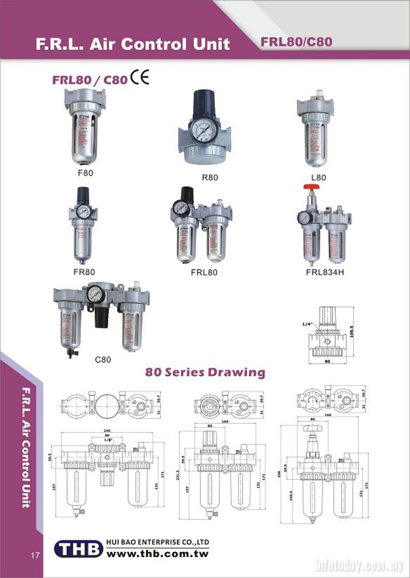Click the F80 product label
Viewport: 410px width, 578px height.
[x=85, y=173]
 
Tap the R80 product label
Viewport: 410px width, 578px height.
[x=210, y=178]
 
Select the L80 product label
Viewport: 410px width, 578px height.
[x=318, y=178]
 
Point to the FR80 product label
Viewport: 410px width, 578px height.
[x=84, y=272]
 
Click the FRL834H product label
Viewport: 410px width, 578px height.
[x=325, y=271]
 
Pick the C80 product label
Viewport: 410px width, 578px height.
[x=103, y=359]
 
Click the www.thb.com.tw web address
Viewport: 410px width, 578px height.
[x=158, y=553]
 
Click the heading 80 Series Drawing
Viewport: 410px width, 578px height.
[x=205, y=372]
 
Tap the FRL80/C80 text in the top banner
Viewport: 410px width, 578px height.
[x=296, y=42]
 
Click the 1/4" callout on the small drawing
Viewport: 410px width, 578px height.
[x=307, y=323]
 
